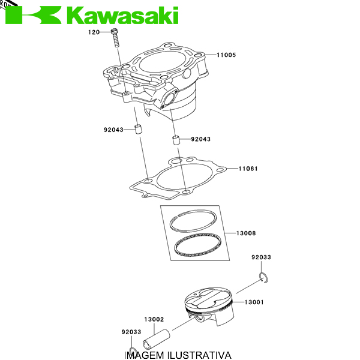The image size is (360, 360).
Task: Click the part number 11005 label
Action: point(226,55)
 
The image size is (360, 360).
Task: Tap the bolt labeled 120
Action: point(115,38)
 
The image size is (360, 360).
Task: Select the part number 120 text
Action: point(94,32)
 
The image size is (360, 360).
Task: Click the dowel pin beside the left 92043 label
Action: point(138,130)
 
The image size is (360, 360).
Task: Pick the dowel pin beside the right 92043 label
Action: point(176,140)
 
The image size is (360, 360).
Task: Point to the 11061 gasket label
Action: point(248,169)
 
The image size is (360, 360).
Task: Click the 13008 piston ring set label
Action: point(246,233)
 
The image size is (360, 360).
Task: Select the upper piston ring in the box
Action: point(194,221)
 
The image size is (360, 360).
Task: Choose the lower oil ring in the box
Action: point(197,245)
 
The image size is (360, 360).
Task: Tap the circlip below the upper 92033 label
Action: point(263,278)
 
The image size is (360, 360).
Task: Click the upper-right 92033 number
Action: point(261,257)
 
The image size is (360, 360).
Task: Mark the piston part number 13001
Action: point(254,302)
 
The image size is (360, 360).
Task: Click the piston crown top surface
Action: point(208,298)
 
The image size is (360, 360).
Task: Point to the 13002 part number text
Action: point(154,319)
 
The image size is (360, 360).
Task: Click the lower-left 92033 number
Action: point(131,332)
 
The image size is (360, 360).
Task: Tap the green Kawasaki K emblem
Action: point(33,15)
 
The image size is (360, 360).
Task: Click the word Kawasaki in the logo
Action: point(123,15)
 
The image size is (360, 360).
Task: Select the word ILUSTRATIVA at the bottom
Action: point(200,355)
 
